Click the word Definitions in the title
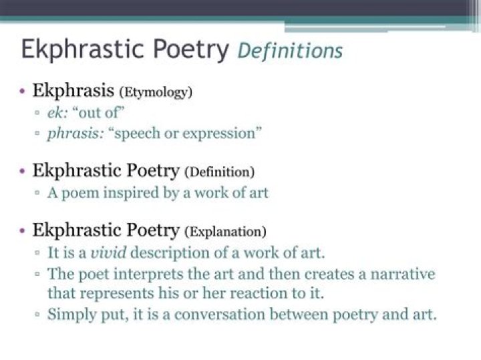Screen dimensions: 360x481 (290, 50)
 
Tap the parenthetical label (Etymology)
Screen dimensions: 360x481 (155, 92)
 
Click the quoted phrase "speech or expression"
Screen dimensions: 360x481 (188, 132)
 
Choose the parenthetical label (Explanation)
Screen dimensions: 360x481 (225, 232)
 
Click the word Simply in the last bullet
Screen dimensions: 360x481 (70, 315)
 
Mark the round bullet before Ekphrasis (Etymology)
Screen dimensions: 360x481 (23, 91)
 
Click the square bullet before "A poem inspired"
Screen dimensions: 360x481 (37, 193)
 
